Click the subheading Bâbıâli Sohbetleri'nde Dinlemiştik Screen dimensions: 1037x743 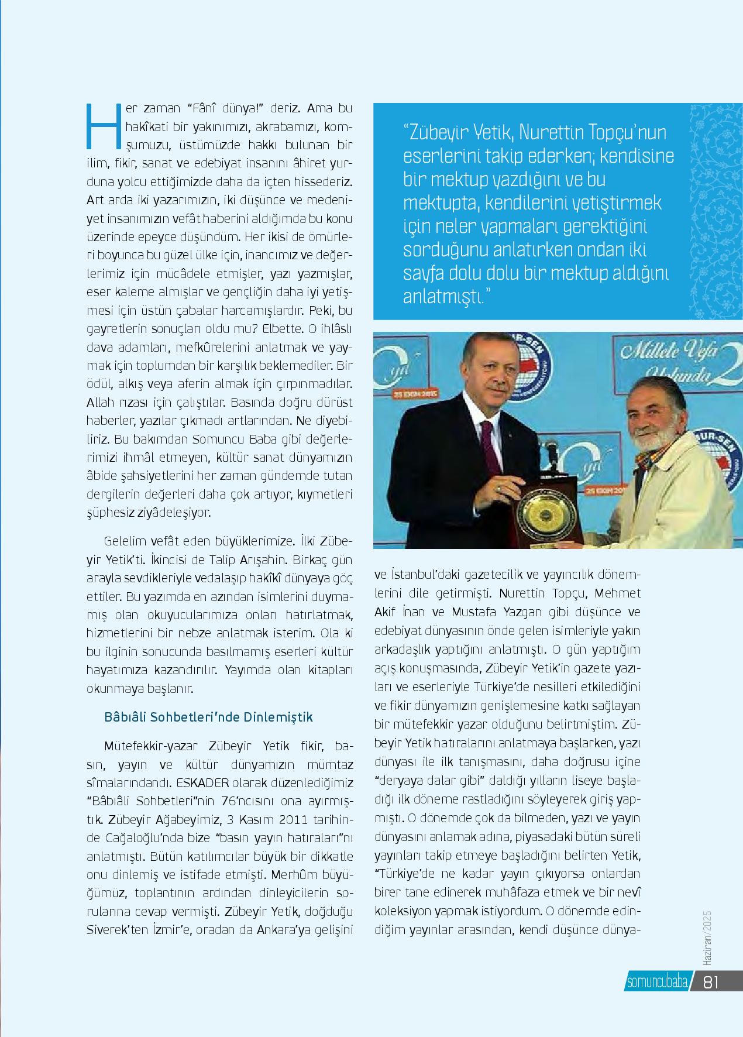pyautogui.click(x=208, y=717)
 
